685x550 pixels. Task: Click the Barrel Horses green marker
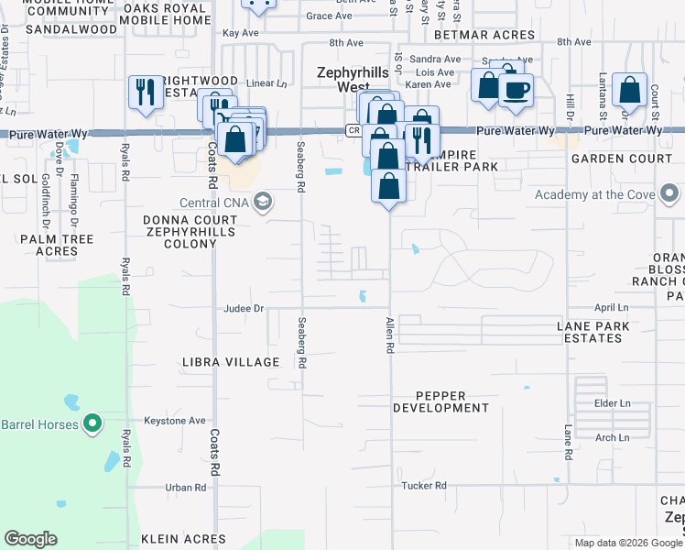tap(92, 423)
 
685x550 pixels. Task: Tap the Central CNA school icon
tap(263, 203)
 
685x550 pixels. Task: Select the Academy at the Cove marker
tap(669, 193)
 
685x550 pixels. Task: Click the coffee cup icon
tap(516, 91)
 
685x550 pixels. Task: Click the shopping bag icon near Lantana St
tap(629, 91)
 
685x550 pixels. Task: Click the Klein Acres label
tap(183, 539)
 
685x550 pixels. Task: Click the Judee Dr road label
tap(244, 309)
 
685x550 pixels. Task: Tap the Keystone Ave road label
tap(175, 421)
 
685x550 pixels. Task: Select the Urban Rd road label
tap(182, 487)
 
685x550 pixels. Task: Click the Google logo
tap(31, 539)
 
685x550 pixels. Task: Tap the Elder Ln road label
tap(613, 403)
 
